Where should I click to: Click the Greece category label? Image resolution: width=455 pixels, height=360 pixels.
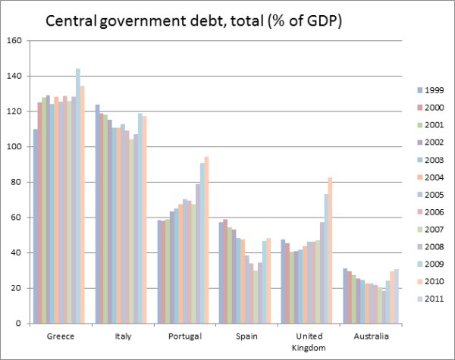pyautogui.click(x=60, y=337)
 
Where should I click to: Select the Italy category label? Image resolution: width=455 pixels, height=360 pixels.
pyautogui.click(x=122, y=337)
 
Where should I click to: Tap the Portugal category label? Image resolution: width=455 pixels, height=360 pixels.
pyautogui.click(x=184, y=337)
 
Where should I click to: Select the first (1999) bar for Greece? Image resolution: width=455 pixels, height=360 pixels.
pyautogui.click(x=36, y=227)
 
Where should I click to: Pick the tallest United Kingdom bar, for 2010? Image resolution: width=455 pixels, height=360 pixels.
pyautogui.click(x=331, y=251)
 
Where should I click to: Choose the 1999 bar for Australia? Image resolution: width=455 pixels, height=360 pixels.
pyautogui.click(x=345, y=296)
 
